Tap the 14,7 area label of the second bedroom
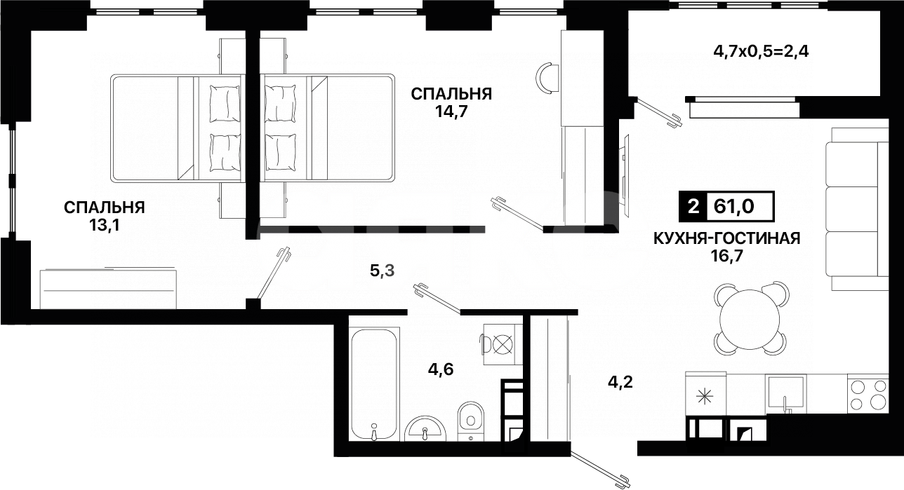coord(451,111)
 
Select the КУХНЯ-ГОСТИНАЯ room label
coord(726,238)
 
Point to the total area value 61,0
coord(742,206)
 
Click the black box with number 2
coord(693,206)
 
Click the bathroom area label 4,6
coord(441,369)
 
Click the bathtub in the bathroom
coord(375,383)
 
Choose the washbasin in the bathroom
coord(425,428)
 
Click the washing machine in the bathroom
coord(501,343)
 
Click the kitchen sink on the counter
coord(785,393)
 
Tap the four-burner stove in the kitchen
coord(868,393)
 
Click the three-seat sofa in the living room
coord(852,207)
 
